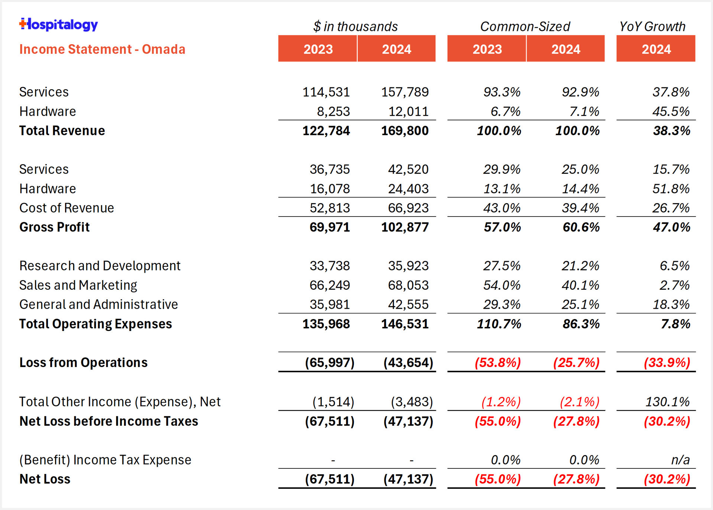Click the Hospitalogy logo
click(x=59, y=25)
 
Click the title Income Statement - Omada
click(x=102, y=49)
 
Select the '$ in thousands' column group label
click(x=355, y=27)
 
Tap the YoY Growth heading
click(x=652, y=27)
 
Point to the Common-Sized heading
click(x=525, y=27)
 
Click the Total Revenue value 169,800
click(x=405, y=131)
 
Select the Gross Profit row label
click(x=55, y=227)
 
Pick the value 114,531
click(x=326, y=92)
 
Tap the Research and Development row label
click(x=100, y=266)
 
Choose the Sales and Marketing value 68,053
click(x=408, y=285)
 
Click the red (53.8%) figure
click(x=498, y=363)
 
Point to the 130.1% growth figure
click(x=667, y=402)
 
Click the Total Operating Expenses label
click(x=95, y=324)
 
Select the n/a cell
click(x=680, y=460)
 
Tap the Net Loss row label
click(x=45, y=479)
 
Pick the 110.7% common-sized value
click(x=499, y=324)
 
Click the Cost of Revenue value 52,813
click(x=330, y=208)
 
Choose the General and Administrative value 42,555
click(x=408, y=305)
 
